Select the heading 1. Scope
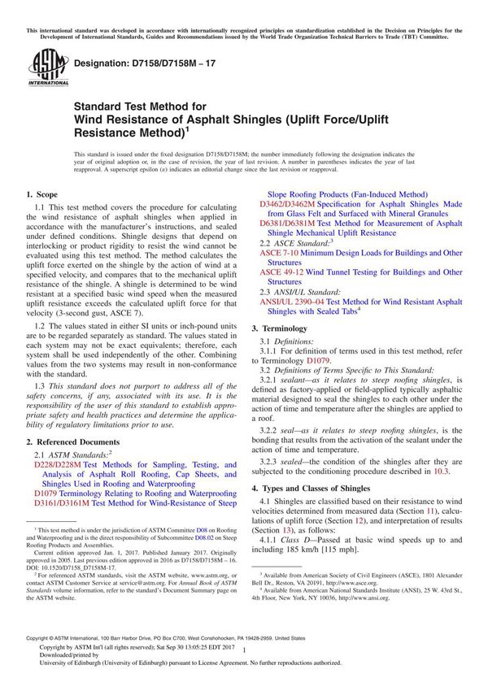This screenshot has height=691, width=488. [42, 195]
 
